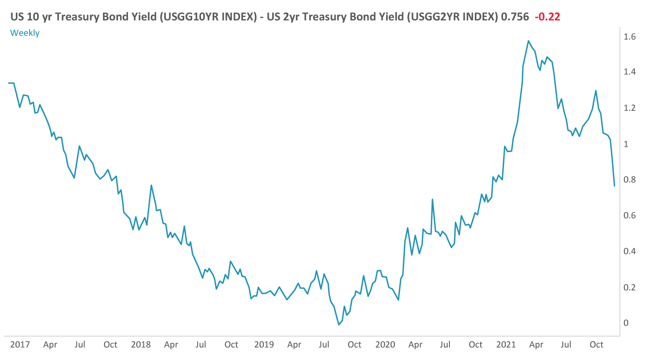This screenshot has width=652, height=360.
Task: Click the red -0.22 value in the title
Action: (547, 17)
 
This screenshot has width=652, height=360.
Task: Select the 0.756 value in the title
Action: (515, 17)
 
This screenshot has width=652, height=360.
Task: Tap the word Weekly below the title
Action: (25, 33)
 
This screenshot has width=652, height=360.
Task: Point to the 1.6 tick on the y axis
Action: (629, 37)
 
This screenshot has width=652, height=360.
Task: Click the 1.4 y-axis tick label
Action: (629, 72)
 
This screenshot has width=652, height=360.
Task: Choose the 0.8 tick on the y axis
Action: (629, 180)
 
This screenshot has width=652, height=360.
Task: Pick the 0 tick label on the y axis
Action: (626, 323)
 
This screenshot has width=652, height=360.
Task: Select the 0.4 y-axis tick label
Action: (629, 251)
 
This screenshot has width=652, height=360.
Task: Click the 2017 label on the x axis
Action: (20, 345)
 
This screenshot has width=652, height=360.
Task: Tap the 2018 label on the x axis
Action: (141, 345)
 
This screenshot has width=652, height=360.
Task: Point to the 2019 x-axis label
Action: (264, 345)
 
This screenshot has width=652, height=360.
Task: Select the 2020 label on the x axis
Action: (385, 345)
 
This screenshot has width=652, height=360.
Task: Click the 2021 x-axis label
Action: (506, 345)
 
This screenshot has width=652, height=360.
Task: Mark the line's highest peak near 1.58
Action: (528, 41)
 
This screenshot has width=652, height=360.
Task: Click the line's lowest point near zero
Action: (339, 325)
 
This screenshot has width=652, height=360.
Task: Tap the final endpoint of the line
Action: (614, 186)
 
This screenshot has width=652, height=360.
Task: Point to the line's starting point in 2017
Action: (9, 83)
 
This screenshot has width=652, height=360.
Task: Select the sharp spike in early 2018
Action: (151, 185)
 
